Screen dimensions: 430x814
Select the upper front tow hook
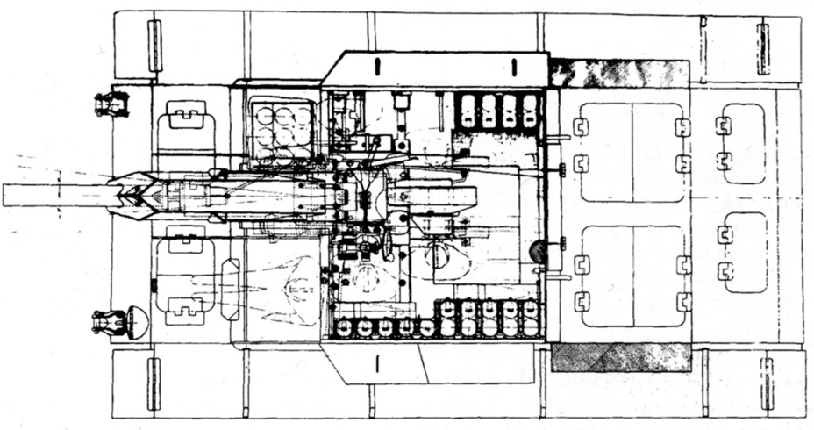pyautogui.click(x=111, y=104)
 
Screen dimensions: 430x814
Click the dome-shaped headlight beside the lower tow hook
pyautogui.click(x=139, y=320)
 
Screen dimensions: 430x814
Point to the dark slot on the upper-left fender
pyautogui.click(x=155, y=46)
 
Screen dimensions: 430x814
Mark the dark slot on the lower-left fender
pyautogui.click(x=154, y=383)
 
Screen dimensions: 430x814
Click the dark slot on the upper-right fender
pyautogui.click(x=762, y=48)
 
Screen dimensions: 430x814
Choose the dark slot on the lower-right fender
pyautogui.click(x=768, y=383)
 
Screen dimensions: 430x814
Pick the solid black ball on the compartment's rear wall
pyautogui.click(x=537, y=252)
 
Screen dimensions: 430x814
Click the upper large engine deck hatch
pyautogui.click(x=632, y=152)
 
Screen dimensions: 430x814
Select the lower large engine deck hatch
pyautogui.click(x=632, y=276)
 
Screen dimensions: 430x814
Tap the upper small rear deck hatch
pyautogui.click(x=742, y=144)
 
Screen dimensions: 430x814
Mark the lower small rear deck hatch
pyautogui.click(x=744, y=252)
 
